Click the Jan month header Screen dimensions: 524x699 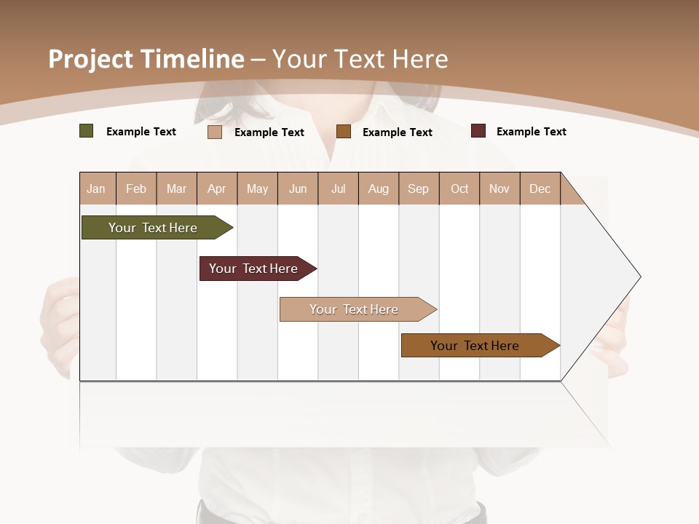[96, 189]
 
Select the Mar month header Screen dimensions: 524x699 [176, 189]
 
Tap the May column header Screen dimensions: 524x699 [257, 189]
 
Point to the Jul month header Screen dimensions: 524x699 [338, 189]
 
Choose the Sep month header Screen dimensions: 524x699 [418, 189]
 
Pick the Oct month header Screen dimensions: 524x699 [459, 189]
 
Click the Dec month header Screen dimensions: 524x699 [540, 189]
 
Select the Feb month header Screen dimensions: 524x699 [136, 189]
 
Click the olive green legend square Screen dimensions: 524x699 [87, 131]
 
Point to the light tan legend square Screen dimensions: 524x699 [215, 132]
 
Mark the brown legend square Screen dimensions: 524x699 [344, 131]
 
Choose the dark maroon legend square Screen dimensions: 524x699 [478, 131]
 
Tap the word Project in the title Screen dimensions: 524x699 [90, 59]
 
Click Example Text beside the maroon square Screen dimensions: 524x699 [531, 132]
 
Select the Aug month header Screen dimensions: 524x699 [378, 189]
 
